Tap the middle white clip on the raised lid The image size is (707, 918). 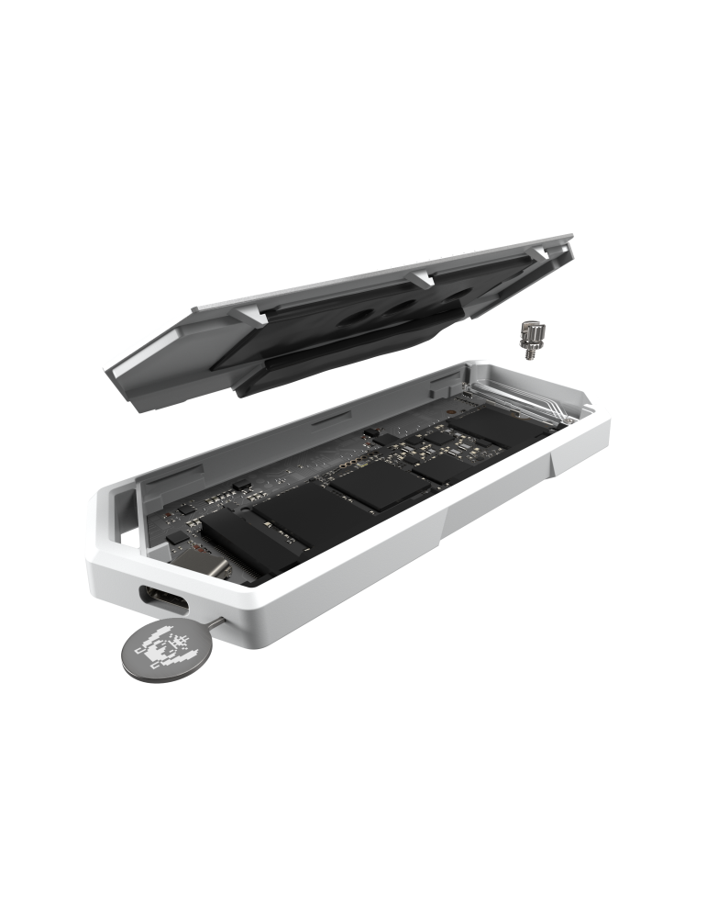coord(422,276)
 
